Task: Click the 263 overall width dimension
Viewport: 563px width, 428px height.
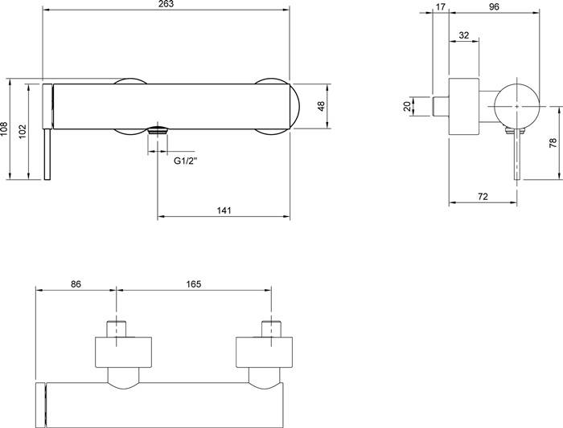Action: pyautogui.click(x=166, y=4)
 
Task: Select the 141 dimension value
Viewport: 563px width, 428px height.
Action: pyautogui.click(x=224, y=210)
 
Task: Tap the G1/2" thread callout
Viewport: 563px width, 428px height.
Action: pyautogui.click(x=186, y=161)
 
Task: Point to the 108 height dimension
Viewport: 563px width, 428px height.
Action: pyautogui.click(x=4, y=129)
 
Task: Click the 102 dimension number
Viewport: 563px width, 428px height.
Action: pyautogui.click(x=23, y=132)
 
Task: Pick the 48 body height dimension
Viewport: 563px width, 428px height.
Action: pyautogui.click(x=321, y=106)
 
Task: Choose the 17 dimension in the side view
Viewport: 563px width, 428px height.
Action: pyautogui.click(x=440, y=6)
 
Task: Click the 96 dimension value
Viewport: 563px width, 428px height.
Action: pyautogui.click(x=494, y=6)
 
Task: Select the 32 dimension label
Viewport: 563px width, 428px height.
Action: pyautogui.click(x=464, y=35)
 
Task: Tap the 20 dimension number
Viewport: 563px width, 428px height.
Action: pyautogui.click(x=407, y=106)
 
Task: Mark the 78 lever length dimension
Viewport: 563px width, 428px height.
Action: pyautogui.click(x=553, y=142)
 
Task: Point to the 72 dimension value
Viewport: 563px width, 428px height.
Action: pyautogui.click(x=483, y=197)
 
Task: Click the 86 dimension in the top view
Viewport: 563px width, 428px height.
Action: pyautogui.click(x=76, y=284)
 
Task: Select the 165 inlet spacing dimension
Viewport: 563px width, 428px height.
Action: pyautogui.click(x=194, y=284)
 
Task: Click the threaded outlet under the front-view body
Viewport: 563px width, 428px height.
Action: pyautogui.click(x=158, y=130)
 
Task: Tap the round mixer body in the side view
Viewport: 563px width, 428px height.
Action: pyautogui.click(x=516, y=107)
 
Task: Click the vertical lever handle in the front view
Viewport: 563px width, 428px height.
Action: pyautogui.click(x=47, y=154)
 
